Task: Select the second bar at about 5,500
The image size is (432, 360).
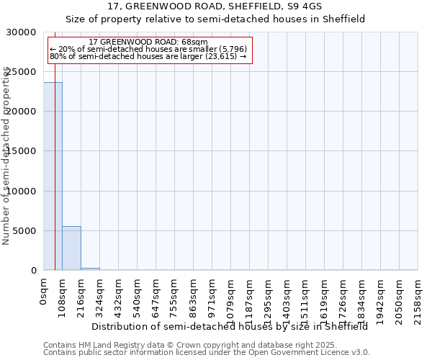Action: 71,248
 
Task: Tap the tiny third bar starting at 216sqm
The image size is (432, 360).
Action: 90,269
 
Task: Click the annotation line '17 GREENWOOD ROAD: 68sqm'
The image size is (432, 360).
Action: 149,42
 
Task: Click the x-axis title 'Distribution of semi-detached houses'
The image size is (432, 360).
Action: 181,326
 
